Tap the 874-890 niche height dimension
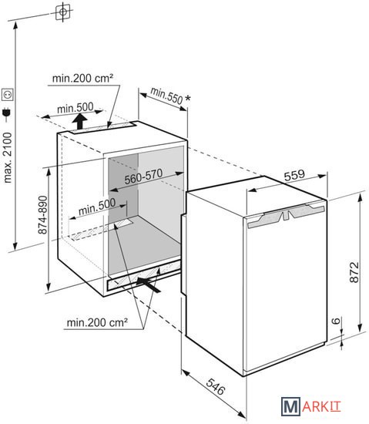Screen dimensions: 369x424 42,215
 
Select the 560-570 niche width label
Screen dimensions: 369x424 143,177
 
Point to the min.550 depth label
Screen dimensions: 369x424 166,96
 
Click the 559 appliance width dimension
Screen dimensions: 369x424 294,175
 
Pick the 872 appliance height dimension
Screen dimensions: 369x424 354,272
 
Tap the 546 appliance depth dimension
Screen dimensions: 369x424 215,386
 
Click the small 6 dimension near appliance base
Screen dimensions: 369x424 336,321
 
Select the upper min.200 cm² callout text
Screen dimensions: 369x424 82,79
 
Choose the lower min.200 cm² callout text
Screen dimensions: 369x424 97,322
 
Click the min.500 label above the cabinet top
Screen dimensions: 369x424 75,108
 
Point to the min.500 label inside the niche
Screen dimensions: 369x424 97,207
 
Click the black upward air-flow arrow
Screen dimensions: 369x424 79,121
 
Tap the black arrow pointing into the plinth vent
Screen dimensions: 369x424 149,284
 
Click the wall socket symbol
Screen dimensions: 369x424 7,94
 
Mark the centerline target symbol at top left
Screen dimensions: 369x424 63,12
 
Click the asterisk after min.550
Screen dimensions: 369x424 187,99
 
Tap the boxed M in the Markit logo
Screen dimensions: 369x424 290,406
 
